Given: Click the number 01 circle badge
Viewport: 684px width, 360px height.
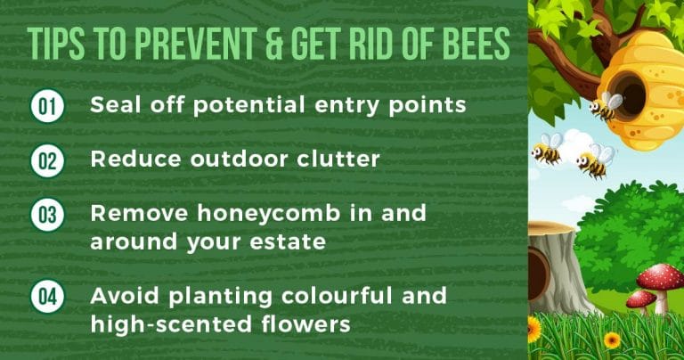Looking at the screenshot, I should point(45,106).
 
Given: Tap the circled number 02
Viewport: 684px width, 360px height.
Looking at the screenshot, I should point(45,160).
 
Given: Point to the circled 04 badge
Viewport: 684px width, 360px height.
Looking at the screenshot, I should point(45,296).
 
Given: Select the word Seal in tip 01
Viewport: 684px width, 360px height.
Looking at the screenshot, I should point(115,105).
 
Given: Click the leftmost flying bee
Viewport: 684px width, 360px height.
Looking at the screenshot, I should point(546,150).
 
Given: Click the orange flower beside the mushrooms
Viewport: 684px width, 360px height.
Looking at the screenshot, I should point(612,340).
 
